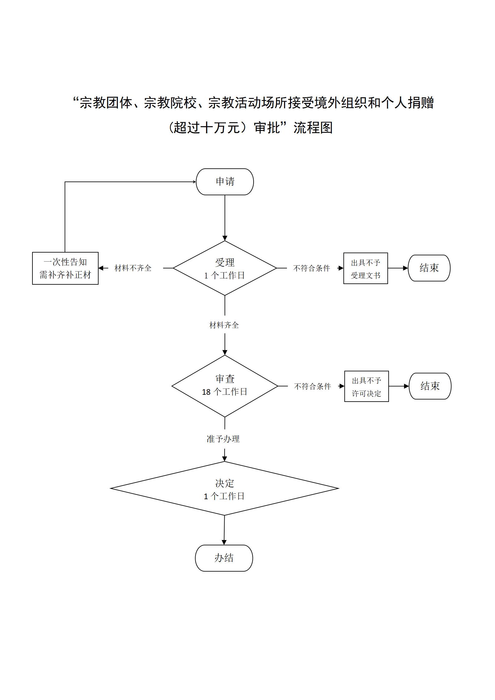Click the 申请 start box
pyautogui.click(x=225, y=182)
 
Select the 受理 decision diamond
pyautogui.click(x=225, y=268)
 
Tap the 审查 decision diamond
pyautogui.click(x=225, y=386)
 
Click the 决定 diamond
pyautogui.click(x=224, y=488)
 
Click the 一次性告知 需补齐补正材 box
pyautogui.click(x=65, y=268)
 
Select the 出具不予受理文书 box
pyautogui.click(x=366, y=268)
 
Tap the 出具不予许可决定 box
pyautogui.click(x=366, y=386)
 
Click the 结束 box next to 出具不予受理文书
pyautogui.click(x=429, y=268)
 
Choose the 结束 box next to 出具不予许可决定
pyautogui.click(x=430, y=386)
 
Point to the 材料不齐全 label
pyautogui.click(x=133, y=268)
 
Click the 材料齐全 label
pyautogui.click(x=224, y=325)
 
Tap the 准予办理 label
pyautogui.click(x=223, y=439)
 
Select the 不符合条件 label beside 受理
pyautogui.click(x=312, y=268)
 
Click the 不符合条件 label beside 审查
pyautogui.click(x=313, y=386)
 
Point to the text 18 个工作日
pyautogui.click(x=225, y=392)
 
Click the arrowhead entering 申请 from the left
pyautogui.click(x=194, y=182)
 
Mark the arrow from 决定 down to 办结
pyautogui.click(x=224, y=530)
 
